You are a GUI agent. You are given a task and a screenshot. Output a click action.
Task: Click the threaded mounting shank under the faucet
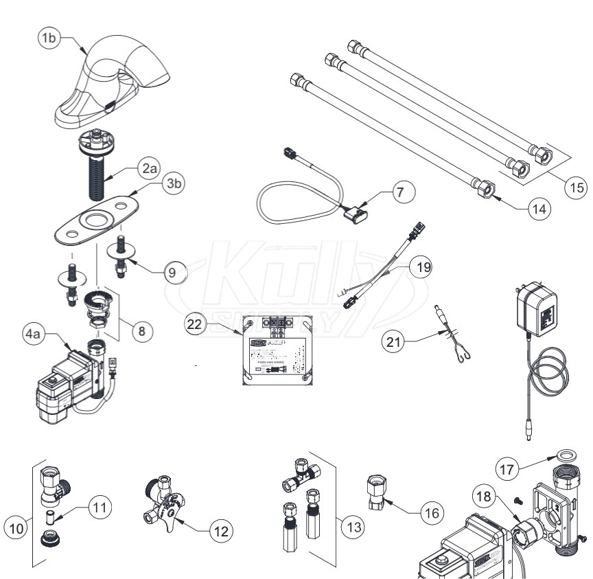coord(93,172)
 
